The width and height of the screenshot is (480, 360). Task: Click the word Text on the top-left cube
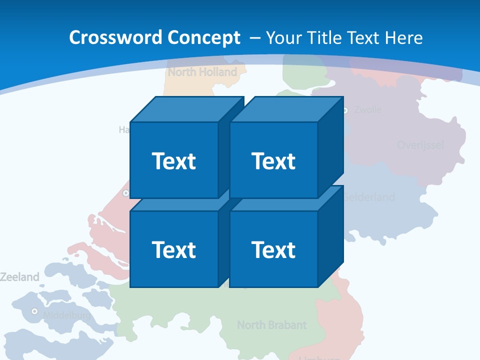click(x=173, y=161)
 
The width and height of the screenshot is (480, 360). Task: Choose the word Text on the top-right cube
click(x=273, y=161)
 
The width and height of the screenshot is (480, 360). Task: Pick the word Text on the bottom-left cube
click(x=173, y=249)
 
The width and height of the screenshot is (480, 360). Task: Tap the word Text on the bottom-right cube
click(x=273, y=249)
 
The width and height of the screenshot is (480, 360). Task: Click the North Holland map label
click(x=202, y=72)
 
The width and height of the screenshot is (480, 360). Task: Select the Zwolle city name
click(x=367, y=109)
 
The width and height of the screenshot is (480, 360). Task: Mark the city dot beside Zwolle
click(x=345, y=110)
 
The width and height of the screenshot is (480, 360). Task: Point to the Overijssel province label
click(x=420, y=145)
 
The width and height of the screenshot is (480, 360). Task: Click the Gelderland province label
click(x=370, y=197)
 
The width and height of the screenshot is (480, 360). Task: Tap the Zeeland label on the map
click(x=19, y=276)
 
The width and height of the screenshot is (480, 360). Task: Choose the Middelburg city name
click(x=67, y=315)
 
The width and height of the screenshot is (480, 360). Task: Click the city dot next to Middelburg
click(x=34, y=311)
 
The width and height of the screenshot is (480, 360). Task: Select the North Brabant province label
click(x=271, y=325)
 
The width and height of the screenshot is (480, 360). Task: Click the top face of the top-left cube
click(x=187, y=109)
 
